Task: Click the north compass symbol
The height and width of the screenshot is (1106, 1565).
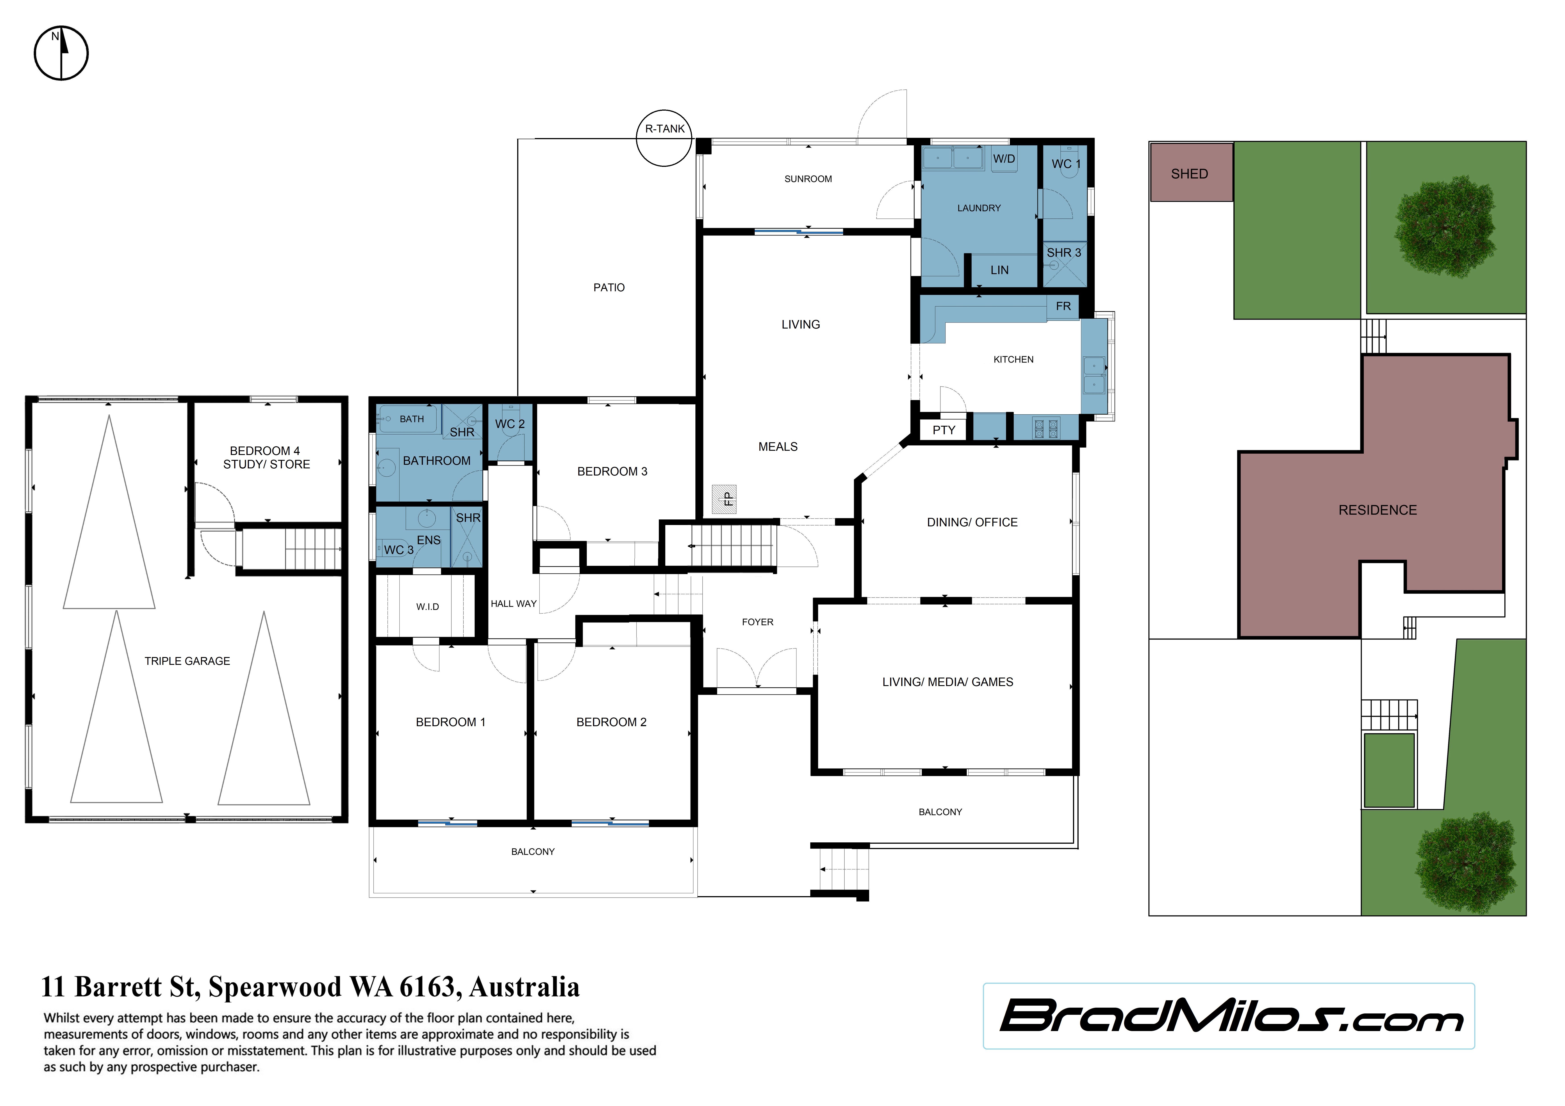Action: click(61, 53)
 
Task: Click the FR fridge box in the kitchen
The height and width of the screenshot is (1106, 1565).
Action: click(1063, 307)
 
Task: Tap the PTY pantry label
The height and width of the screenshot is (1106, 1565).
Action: click(944, 430)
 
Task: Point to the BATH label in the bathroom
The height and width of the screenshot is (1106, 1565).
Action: click(412, 419)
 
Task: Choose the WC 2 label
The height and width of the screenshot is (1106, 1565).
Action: click(510, 424)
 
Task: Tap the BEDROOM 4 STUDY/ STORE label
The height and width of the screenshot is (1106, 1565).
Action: click(267, 457)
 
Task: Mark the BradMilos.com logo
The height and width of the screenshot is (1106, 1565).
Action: click(1230, 1016)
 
